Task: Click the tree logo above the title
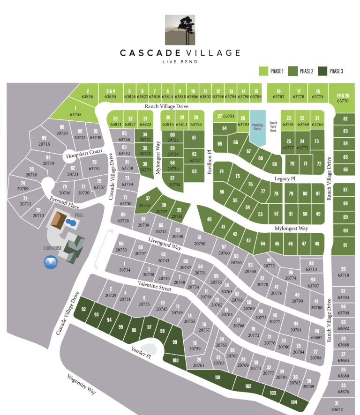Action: pyautogui.click(x=180, y=29)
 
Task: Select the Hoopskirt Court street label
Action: pyautogui.click(x=84, y=152)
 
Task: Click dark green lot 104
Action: pyautogui.click(x=293, y=402)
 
